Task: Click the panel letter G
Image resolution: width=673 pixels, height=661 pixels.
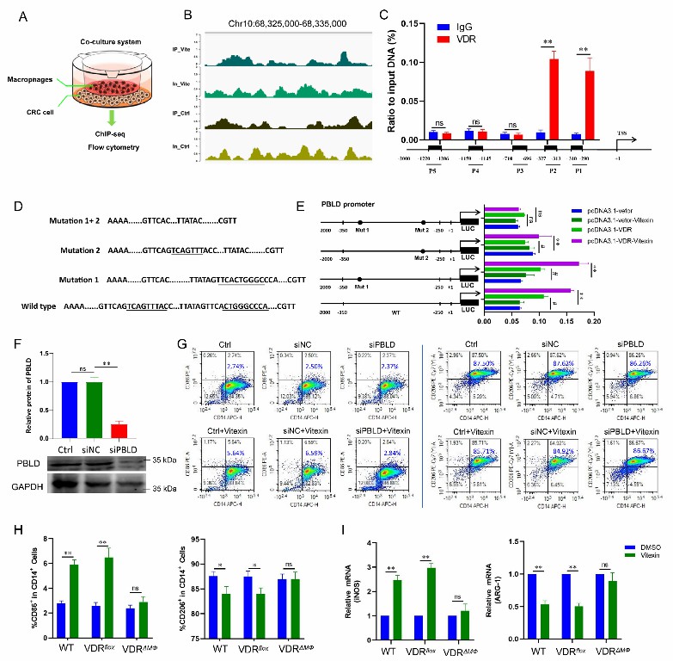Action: (x=182, y=343)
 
